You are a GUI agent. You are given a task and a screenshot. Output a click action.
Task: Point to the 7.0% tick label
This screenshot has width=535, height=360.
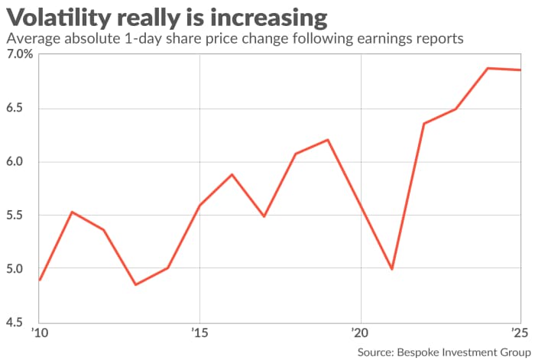(18, 55)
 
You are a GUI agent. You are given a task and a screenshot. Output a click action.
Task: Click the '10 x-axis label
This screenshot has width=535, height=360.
(40, 334)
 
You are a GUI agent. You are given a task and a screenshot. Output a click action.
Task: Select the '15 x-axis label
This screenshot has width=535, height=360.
(199, 334)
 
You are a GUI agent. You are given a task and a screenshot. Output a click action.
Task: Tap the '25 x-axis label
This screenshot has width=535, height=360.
(518, 334)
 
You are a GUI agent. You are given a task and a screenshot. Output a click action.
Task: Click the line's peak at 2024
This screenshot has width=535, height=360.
(488, 68)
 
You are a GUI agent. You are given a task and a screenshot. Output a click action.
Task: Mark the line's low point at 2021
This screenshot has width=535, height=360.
(392, 269)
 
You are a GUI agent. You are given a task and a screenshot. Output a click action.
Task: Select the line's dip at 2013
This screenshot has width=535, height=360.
(135, 284)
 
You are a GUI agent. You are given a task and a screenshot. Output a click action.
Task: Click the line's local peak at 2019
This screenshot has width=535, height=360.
(327, 140)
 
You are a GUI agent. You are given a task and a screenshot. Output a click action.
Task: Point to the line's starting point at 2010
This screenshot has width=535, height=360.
(40, 280)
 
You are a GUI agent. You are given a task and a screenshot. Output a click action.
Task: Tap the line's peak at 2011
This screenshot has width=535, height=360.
(72, 212)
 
